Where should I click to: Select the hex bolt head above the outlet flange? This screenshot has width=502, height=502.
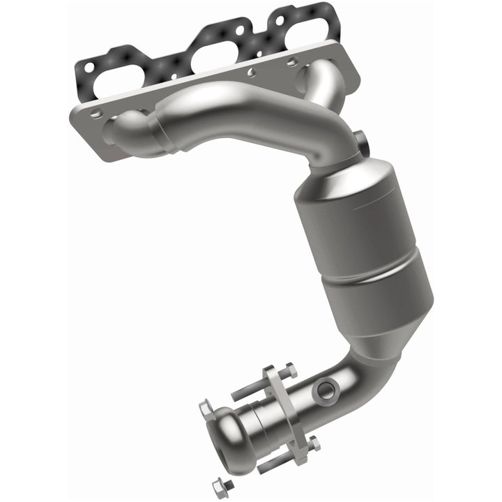[x=291, y=371]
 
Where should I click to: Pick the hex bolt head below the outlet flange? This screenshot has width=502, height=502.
[x=314, y=442]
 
